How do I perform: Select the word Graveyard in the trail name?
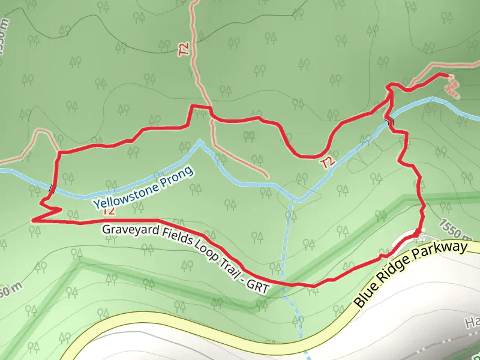[130, 231]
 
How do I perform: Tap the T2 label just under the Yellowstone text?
[109, 211]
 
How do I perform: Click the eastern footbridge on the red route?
[389, 122]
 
